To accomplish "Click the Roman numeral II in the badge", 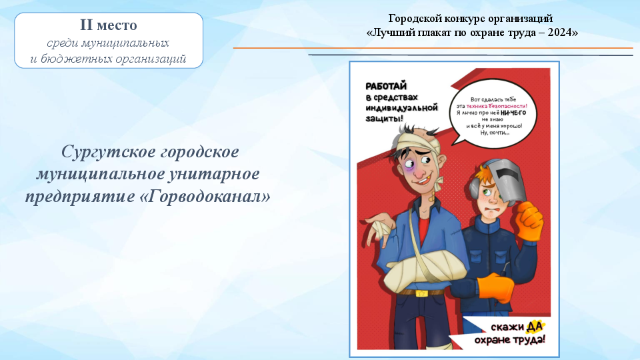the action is pyautogui.click(x=86, y=25).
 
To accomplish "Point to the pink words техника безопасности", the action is pyautogui.click(x=496, y=106).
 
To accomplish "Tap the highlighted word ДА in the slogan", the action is pyautogui.click(x=535, y=326).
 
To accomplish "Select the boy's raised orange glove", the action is pyautogui.click(x=529, y=221).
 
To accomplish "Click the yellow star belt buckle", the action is pyautogui.click(x=421, y=293).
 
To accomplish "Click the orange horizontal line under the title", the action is pyautogui.click(x=433, y=48).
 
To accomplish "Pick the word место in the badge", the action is pyautogui.click(x=117, y=25).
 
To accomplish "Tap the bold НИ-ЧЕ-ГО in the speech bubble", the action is pyautogui.click(x=513, y=113).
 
